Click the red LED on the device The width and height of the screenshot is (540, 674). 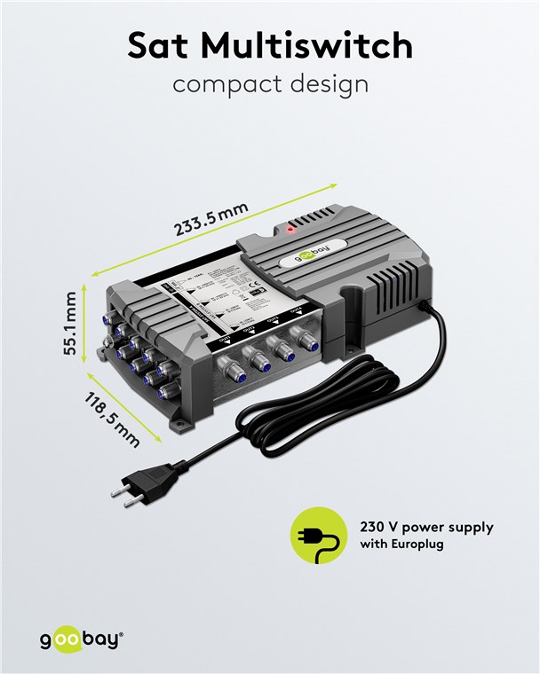(x=291, y=229)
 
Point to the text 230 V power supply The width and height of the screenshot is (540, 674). (x=426, y=527)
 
